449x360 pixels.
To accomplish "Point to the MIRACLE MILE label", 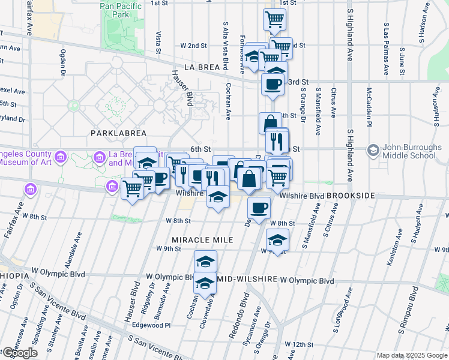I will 202,240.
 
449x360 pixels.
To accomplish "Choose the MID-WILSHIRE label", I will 246,280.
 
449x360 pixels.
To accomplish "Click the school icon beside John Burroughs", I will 372,149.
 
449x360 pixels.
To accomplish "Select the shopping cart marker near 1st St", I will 274,20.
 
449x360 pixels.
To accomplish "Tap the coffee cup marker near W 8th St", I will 259,208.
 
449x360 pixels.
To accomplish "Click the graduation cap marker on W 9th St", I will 277,239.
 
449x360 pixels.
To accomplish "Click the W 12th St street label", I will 295,344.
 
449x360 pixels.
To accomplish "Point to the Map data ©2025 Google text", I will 412,355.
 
